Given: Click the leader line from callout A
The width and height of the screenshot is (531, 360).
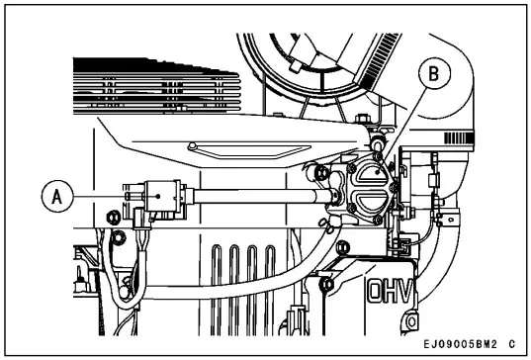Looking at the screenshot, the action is coord(104,195).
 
